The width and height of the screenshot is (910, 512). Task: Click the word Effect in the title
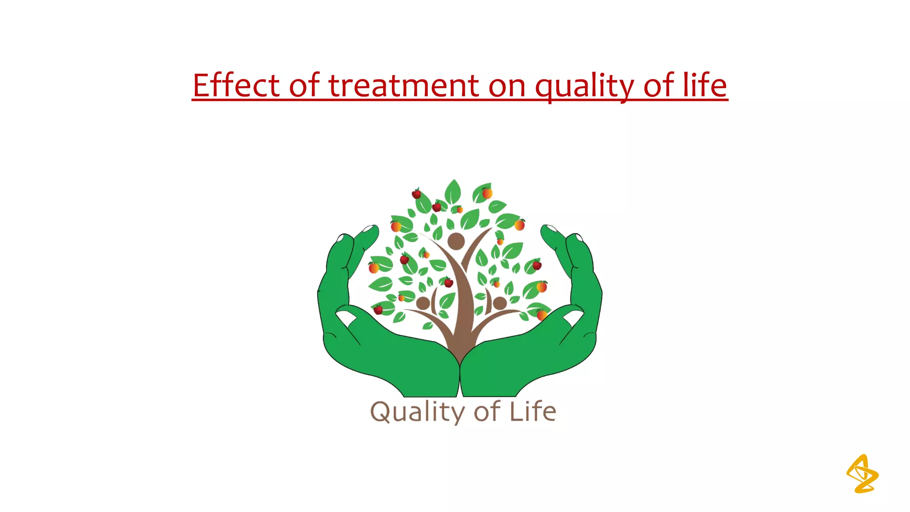pyautogui.click(x=236, y=85)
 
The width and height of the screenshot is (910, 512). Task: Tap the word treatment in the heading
pyautogui.click(x=403, y=85)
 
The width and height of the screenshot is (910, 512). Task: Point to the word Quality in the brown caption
pyautogui.click(x=417, y=412)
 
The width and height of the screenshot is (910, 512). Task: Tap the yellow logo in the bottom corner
pyautogui.click(x=862, y=474)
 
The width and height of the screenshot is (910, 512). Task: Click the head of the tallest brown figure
pyautogui.click(x=456, y=241)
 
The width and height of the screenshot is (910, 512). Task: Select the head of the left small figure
pyautogui.click(x=423, y=303)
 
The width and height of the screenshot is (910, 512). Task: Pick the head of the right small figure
pyautogui.click(x=500, y=303)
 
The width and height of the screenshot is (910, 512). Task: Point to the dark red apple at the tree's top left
pyautogui.click(x=416, y=194)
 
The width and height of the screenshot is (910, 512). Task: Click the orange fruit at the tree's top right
pyautogui.click(x=487, y=193)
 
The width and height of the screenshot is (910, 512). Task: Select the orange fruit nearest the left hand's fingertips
pyautogui.click(x=395, y=226)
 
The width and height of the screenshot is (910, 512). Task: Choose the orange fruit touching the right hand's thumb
pyautogui.click(x=542, y=315)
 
